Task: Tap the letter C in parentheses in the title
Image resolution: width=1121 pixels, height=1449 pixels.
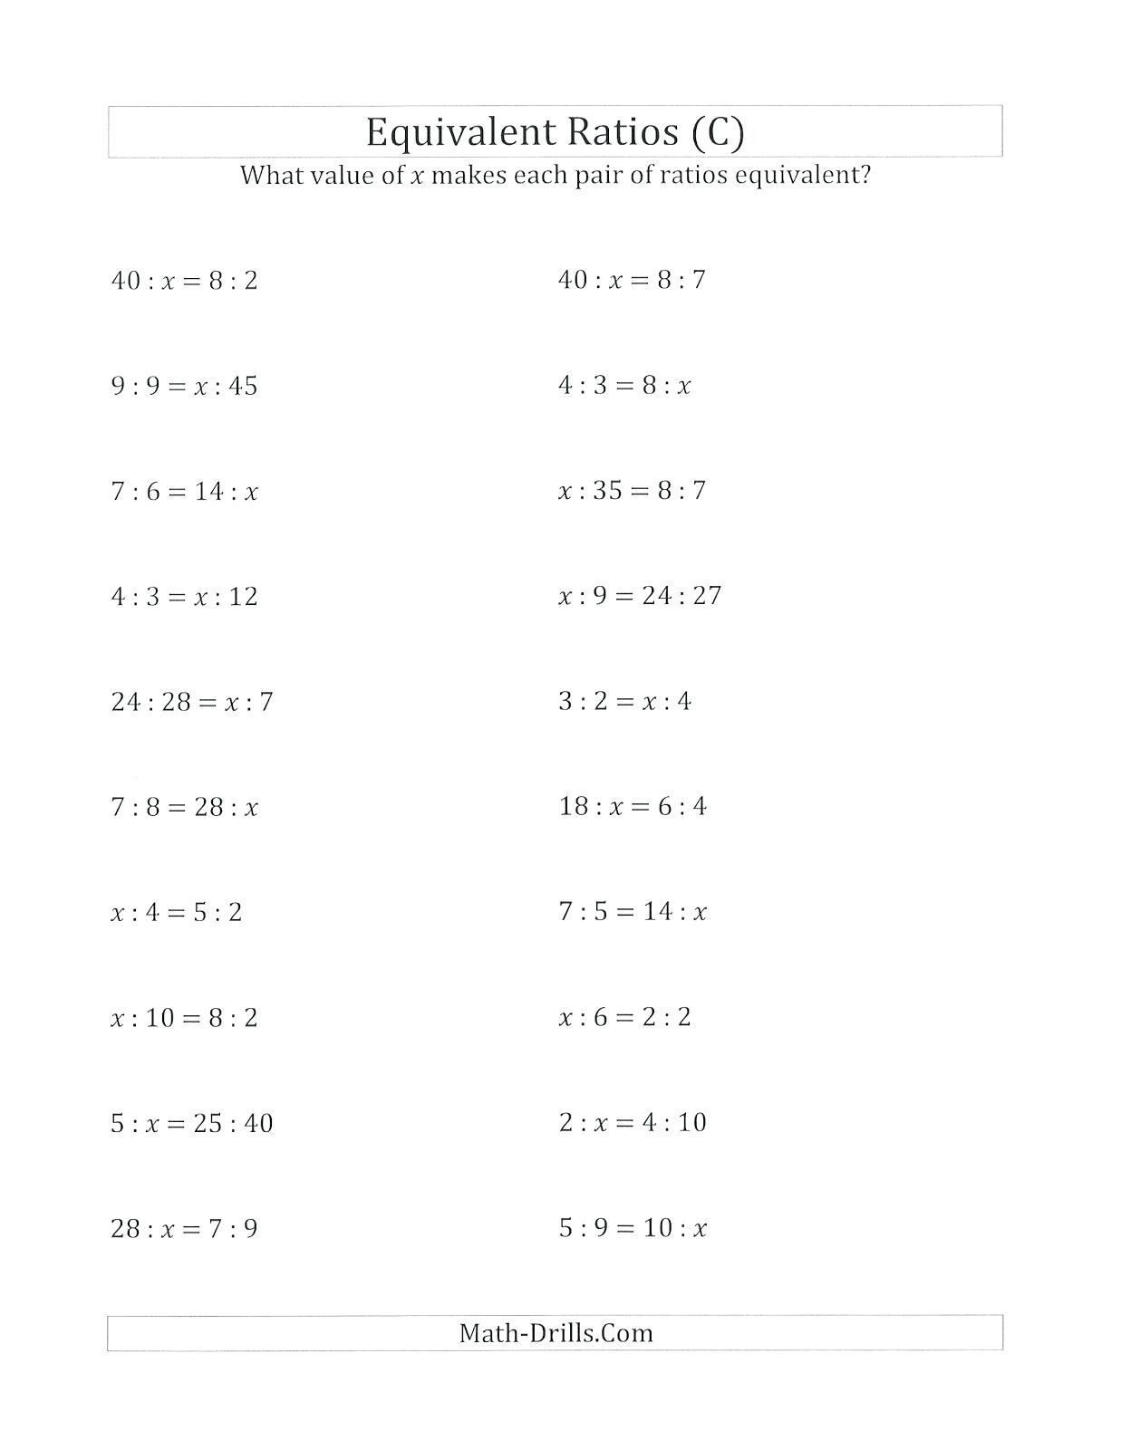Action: click(717, 132)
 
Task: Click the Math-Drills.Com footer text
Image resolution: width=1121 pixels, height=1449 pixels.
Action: click(556, 1332)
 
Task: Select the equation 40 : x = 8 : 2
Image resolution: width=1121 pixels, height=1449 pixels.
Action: click(184, 281)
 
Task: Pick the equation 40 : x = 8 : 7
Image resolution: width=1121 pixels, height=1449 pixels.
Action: click(632, 280)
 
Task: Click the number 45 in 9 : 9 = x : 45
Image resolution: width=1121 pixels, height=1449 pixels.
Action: click(243, 387)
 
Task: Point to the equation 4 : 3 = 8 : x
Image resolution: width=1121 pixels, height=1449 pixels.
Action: click(624, 386)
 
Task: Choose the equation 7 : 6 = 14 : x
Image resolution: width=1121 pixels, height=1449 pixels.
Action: click(184, 492)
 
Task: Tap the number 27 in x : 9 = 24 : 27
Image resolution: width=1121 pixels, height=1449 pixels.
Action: click(706, 596)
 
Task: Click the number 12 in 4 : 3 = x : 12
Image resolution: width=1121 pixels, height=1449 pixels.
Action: click(243, 597)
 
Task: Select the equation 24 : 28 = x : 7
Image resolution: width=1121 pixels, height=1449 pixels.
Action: click(191, 702)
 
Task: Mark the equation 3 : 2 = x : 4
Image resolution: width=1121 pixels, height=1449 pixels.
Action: click(624, 701)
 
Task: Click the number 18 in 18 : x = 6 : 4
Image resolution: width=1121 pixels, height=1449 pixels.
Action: click(575, 806)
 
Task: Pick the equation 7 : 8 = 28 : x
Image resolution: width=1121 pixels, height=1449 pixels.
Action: click(184, 807)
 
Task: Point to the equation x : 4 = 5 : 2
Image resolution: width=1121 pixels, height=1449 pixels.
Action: click(177, 912)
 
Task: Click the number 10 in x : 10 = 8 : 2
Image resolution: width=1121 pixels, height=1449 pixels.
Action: click(159, 1018)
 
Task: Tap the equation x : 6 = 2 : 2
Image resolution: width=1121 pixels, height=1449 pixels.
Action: click(624, 1017)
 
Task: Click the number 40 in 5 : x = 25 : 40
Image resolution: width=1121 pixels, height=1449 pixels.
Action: click(258, 1123)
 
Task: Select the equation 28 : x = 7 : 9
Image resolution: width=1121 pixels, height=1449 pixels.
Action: click(184, 1229)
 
